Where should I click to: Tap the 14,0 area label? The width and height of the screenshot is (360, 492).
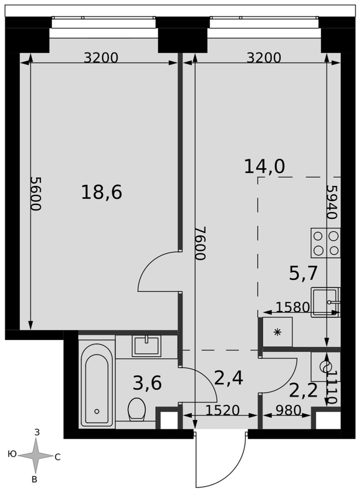click(x=265, y=166)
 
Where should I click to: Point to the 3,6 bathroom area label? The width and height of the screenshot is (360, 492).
click(x=147, y=383)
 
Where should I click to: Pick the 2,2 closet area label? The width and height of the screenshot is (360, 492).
click(x=303, y=391)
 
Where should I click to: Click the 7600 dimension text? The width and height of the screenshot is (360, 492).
click(x=200, y=243)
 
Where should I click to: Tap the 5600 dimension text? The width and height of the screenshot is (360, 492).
click(x=36, y=193)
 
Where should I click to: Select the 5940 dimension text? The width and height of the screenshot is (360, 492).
click(x=332, y=201)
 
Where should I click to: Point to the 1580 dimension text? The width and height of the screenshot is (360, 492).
click(x=293, y=307)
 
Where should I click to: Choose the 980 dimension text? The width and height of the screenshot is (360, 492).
click(x=288, y=410)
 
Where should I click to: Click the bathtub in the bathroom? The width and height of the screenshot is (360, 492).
click(x=97, y=385)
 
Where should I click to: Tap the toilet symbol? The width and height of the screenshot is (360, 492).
click(x=137, y=409)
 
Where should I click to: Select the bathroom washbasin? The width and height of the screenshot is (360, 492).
click(x=147, y=346)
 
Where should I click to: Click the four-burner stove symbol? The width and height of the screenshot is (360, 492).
click(x=326, y=243)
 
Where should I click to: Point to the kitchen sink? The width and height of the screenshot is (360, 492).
click(x=326, y=303)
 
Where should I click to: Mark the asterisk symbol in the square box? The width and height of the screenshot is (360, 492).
click(x=277, y=332)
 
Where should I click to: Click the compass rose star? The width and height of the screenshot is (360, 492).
click(x=35, y=456)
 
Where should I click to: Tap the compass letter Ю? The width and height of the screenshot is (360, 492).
click(x=12, y=454)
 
